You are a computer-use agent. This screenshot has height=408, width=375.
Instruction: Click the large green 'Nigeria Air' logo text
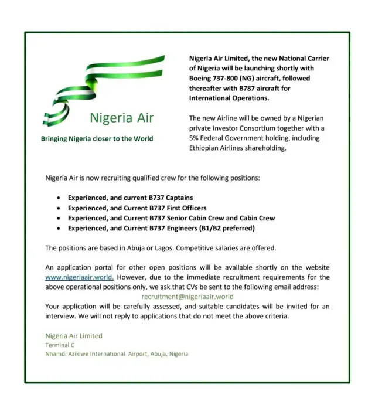(121, 118)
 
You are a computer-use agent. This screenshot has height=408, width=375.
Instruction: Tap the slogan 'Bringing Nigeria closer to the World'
(97, 139)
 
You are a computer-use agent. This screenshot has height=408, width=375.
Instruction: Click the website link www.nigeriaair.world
(79, 277)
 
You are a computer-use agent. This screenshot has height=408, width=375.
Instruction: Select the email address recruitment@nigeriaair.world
(183, 297)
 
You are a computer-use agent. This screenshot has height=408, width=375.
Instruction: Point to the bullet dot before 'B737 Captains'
(58, 198)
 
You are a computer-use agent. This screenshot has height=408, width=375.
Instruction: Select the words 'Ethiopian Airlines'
(218, 148)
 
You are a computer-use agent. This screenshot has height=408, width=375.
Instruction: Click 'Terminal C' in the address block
(60, 345)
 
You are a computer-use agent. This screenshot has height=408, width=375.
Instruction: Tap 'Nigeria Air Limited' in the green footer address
(74, 336)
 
